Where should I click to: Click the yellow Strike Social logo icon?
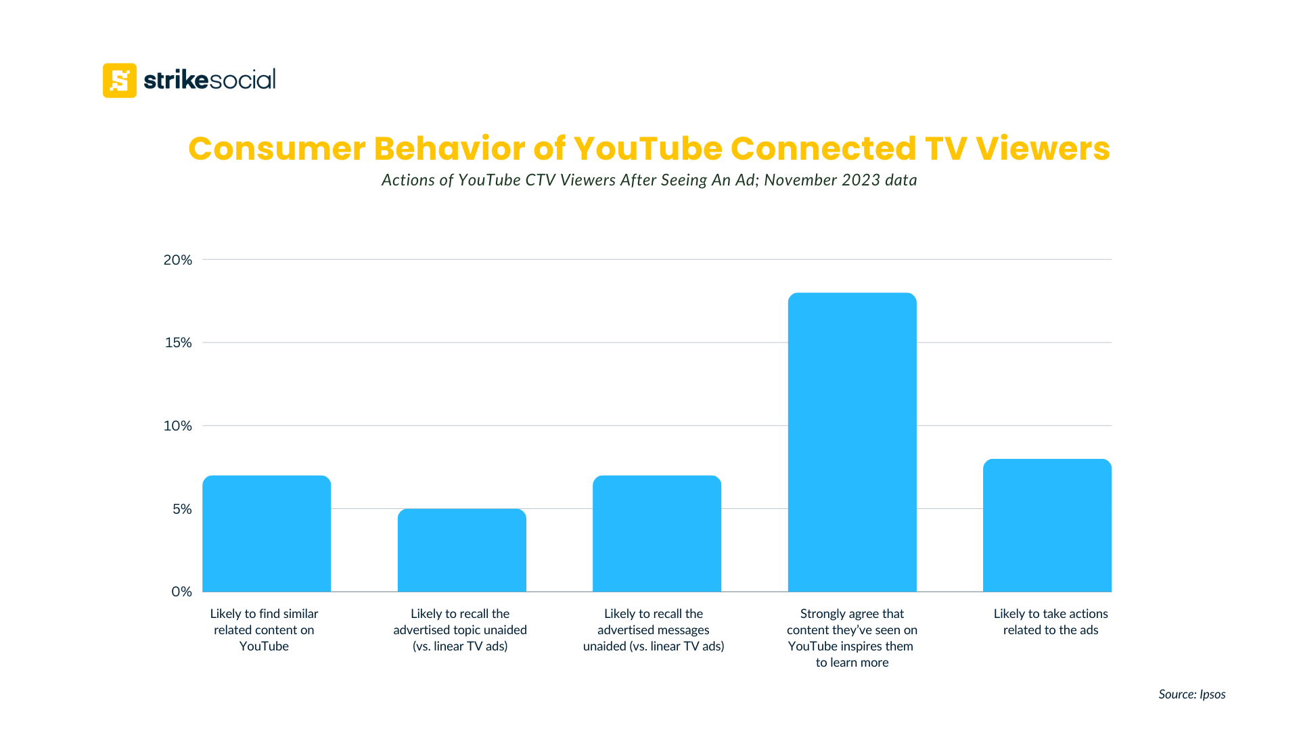pyautogui.click(x=119, y=81)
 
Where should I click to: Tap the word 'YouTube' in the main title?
pyautogui.click(x=648, y=148)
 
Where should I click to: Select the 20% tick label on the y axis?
pyautogui.click(x=177, y=260)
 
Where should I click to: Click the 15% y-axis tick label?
pyautogui.click(x=178, y=342)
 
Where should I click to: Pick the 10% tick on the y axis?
pyautogui.click(x=178, y=426)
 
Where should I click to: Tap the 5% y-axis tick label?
pyautogui.click(x=181, y=509)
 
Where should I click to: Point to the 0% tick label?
pyautogui.click(x=181, y=592)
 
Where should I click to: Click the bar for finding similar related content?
pyautogui.click(x=267, y=535)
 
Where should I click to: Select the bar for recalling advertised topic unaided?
pyautogui.click(x=461, y=551)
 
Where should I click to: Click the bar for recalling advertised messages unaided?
pyautogui.click(x=656, y=535)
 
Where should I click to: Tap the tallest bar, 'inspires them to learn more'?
pyautogui.click(x=852, y=443)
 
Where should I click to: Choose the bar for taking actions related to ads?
pyautogui.click(x=1047, y=527)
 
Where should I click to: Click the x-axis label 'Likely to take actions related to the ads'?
pyautogui.click(x=1050, y=621)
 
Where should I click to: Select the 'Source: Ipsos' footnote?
pyautogui.click(x=1191, y=694)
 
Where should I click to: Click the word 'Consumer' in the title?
pyautogui.click(x=277, y=148)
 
